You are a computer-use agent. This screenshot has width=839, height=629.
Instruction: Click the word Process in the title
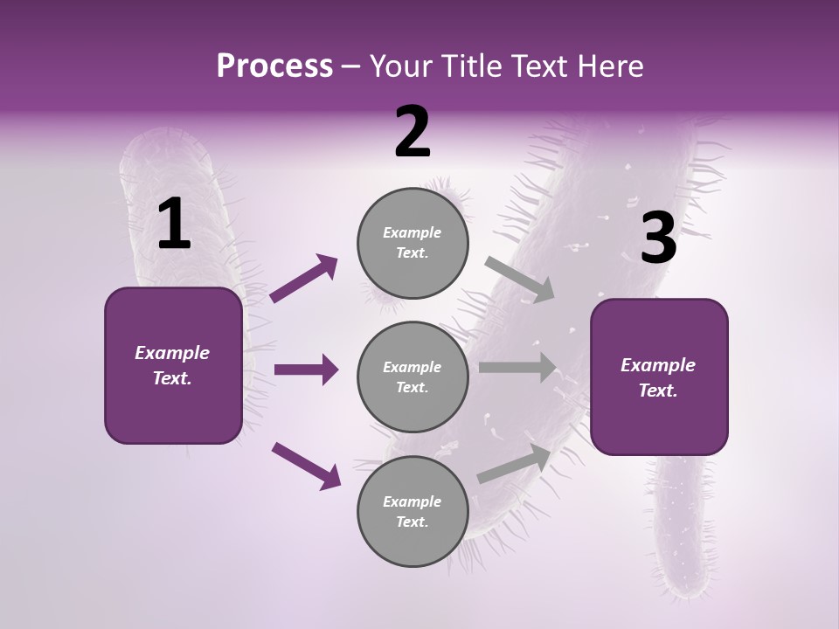(274, 66)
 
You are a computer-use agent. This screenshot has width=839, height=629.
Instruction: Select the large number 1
(174, 225)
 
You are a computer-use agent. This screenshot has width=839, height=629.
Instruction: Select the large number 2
(413, 132)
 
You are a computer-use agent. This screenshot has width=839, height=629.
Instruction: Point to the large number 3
(658, 238)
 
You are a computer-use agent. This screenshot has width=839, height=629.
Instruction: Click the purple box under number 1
(173, 365)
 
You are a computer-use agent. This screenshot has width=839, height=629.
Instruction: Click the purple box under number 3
(659, 377)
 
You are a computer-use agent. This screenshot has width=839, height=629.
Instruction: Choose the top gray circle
(413, 243)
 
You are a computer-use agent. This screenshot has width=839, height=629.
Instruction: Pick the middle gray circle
(413, 377)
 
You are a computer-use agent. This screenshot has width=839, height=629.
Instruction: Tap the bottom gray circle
(413, 511)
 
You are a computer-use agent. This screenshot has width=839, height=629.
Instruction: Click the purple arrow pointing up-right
(304, 279)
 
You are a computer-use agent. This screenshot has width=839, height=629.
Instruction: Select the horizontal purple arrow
(306, 370)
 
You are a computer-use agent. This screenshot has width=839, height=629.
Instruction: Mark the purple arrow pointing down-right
(306, 465)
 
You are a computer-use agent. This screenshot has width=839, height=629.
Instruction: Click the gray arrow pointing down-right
(520, 280)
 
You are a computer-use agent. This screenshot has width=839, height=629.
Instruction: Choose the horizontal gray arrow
(517, 368)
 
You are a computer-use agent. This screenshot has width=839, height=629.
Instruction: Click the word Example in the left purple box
(172, 353)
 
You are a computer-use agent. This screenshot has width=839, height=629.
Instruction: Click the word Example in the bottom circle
(412, 501)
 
